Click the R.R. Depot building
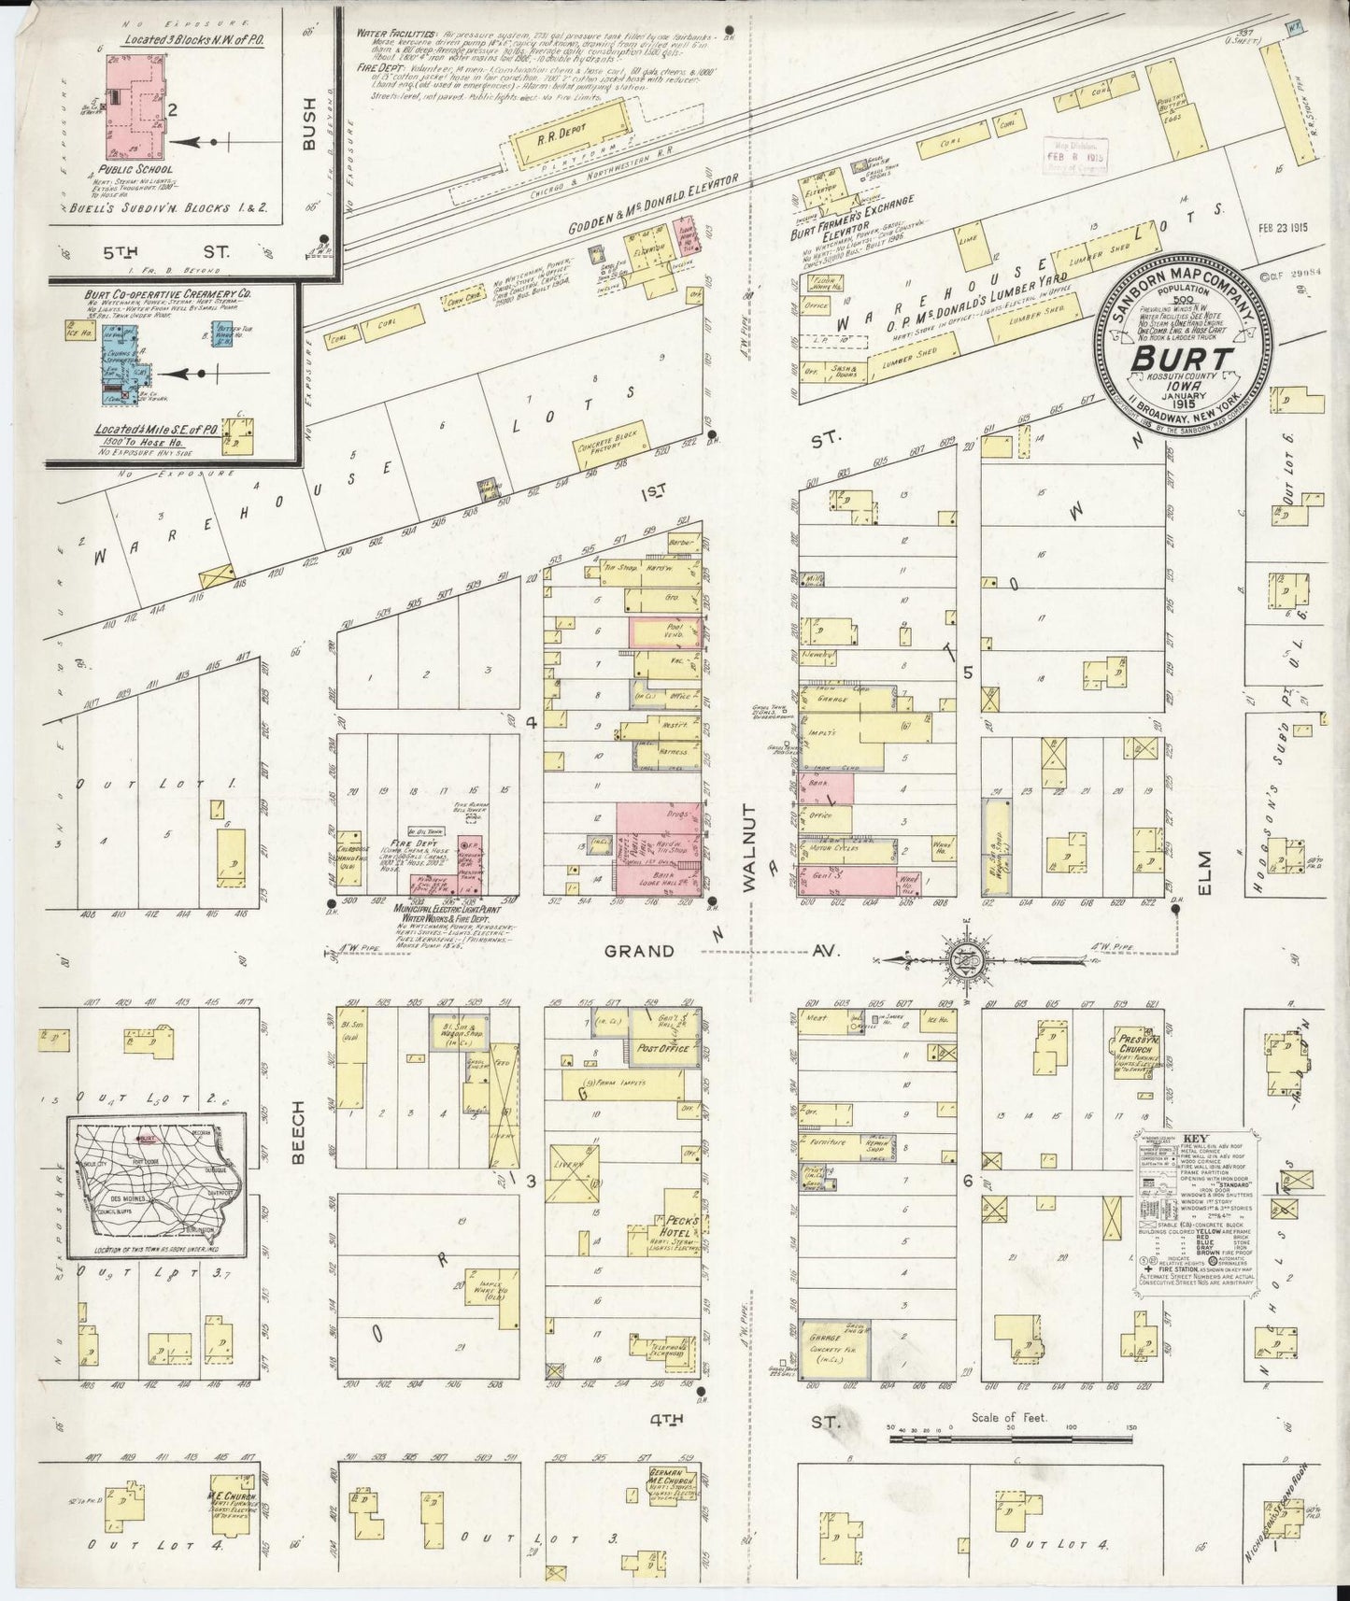[569, 137]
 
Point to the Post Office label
[666, 1048]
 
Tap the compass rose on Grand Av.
[963, 958]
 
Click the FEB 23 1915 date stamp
[1278, 227]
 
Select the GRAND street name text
[639, 951]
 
